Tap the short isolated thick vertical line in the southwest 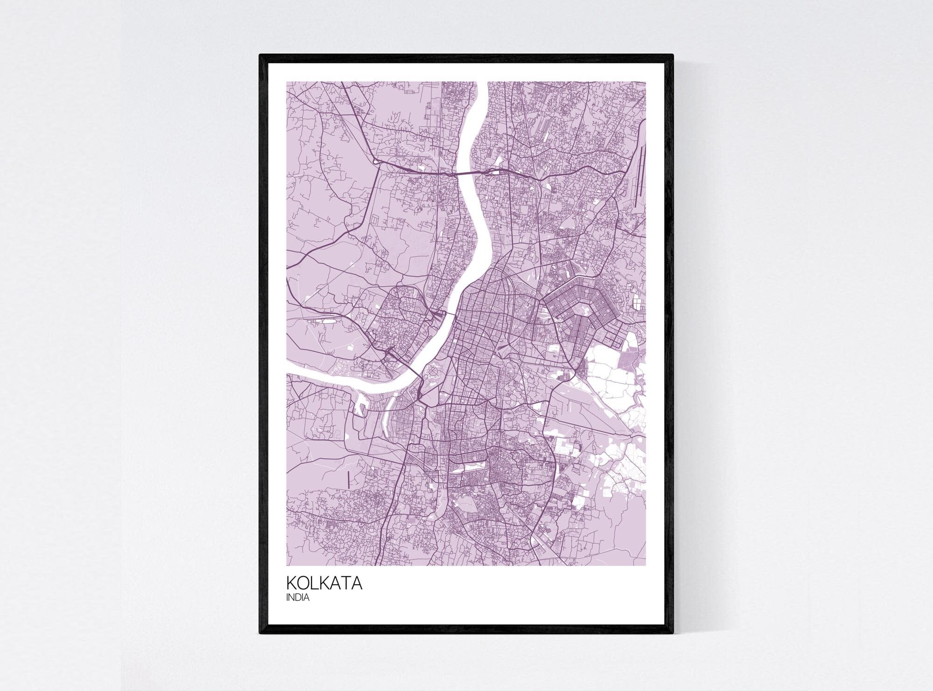point(348,480)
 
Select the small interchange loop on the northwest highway point(376,161)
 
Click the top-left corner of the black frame point(260,55)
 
